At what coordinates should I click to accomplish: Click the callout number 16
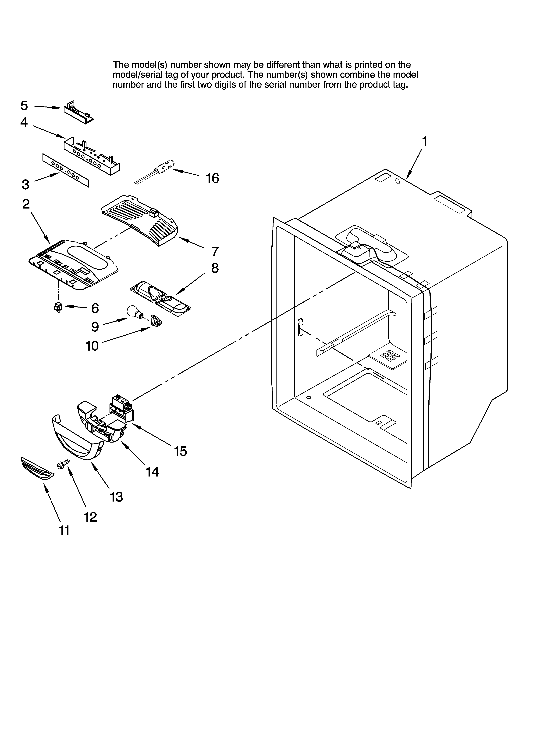(213, 178)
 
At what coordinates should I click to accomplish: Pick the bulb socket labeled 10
(156, 323)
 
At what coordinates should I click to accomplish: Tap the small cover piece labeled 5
(78, 112)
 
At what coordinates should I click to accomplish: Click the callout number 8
(215, 268)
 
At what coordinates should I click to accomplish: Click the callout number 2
(26, 204)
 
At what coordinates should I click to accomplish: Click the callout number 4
(24, 122)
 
